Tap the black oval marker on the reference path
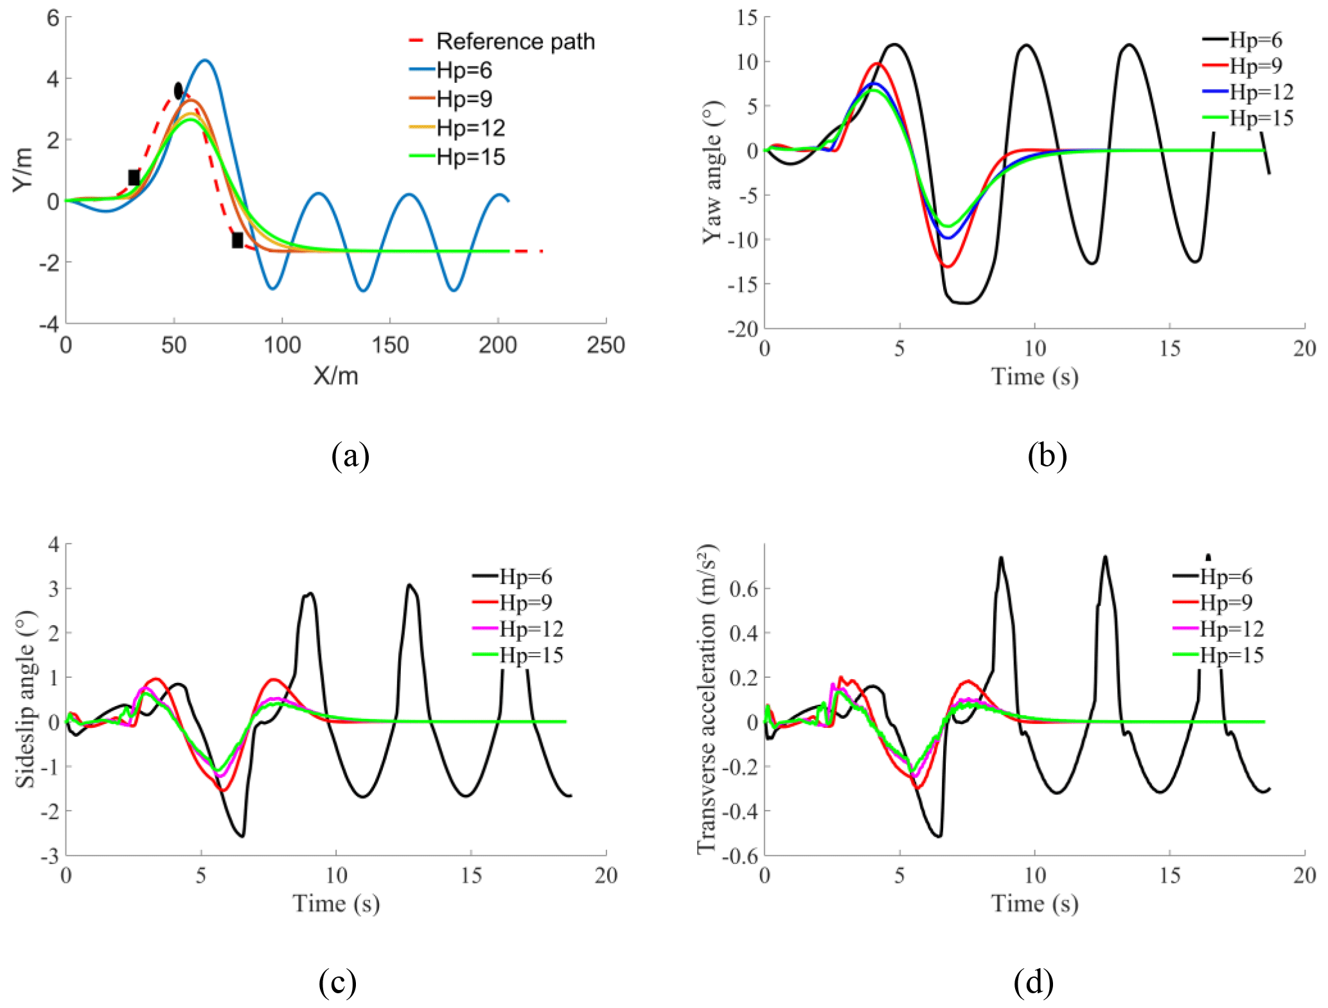(x=179, y=91)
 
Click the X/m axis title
(x=335, y=376)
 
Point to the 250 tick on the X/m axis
(x=605, y=346)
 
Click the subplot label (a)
(x=350, y=455)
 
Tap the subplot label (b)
(x=1047, y=455)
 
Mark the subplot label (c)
(x=337, y=982)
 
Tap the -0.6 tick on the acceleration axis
(x=743, y=856)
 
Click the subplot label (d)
(x=1033, y=982)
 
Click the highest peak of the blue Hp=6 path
(x=205, y=60)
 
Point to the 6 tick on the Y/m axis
(x=53, y=18)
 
